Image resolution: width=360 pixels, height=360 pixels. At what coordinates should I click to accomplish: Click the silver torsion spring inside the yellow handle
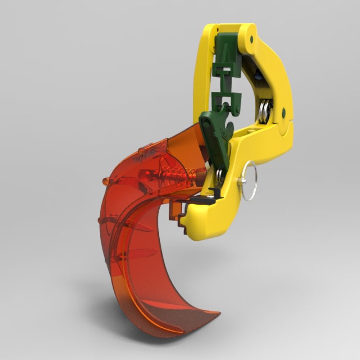266,112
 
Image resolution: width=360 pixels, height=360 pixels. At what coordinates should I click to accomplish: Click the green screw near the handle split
283,112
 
